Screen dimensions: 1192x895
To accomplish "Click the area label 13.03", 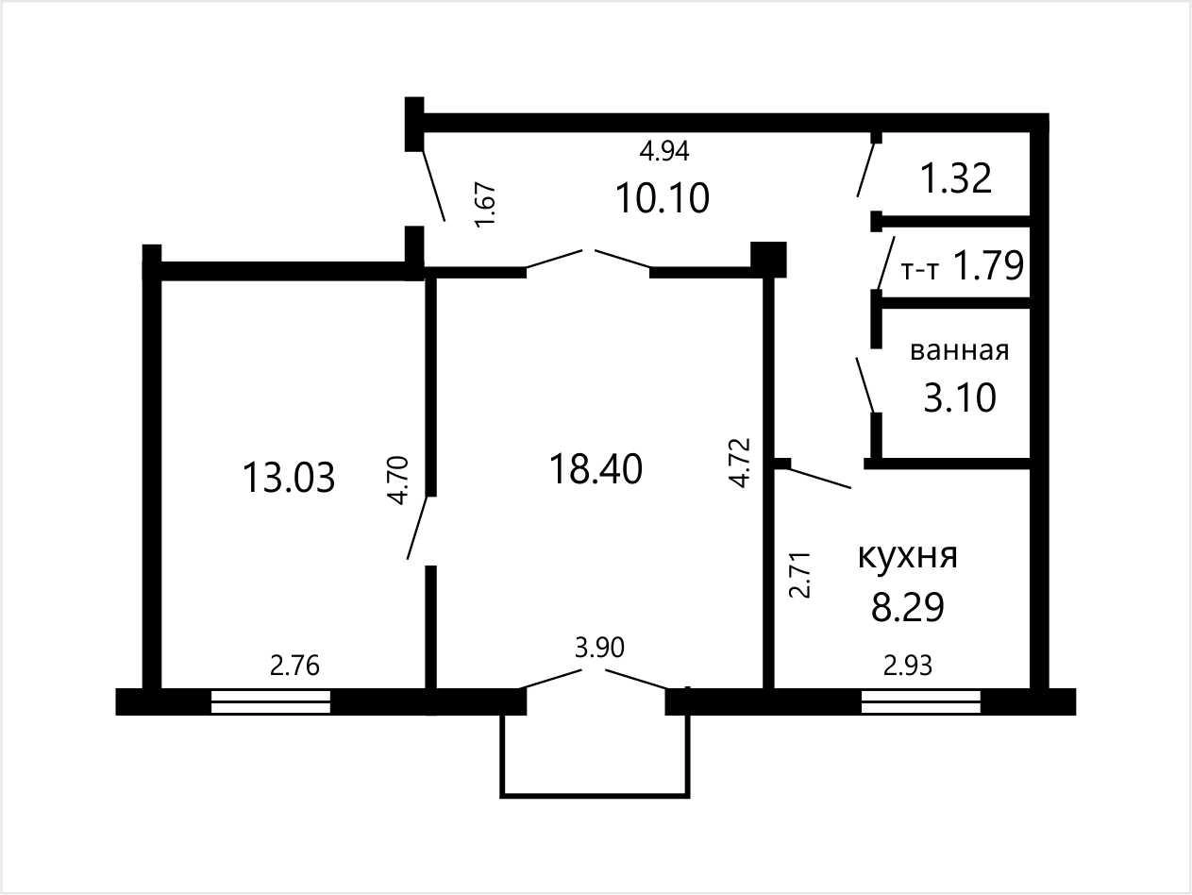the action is (x=289, y=478).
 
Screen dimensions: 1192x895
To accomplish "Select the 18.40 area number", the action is (x=596, y=469).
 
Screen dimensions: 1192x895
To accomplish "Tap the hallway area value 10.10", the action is (x=663, y=198).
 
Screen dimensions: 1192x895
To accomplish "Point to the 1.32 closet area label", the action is (x=957, y=178).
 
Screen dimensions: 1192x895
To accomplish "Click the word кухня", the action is (x=907, y=557).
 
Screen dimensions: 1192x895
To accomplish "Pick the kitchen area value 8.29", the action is (x=908, y=607).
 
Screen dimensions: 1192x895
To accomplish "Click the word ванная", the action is (x=960, y=351).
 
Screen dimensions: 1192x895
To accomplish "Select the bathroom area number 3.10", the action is (x=960, y=398).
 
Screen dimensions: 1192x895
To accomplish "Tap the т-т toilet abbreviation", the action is (x=919, y=271).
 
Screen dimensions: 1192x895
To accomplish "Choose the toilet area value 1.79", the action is (x=988, y=266).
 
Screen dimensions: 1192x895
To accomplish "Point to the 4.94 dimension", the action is (x=664, y=151).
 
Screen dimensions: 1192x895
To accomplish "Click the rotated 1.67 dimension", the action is (x=485, y=205).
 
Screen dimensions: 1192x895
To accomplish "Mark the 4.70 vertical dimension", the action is (x=399, y=481).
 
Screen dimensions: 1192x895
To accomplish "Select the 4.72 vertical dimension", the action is (x=740, y=463).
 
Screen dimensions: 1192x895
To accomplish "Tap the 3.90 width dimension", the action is (x=599, y=648).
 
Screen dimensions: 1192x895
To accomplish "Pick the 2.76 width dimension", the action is (x=294, y=666).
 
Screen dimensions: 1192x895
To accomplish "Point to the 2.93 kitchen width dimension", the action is (x=908, y=666).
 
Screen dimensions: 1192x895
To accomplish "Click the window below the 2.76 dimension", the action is (x=271, y=701).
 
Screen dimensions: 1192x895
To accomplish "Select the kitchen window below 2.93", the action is (x=921, y=701).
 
